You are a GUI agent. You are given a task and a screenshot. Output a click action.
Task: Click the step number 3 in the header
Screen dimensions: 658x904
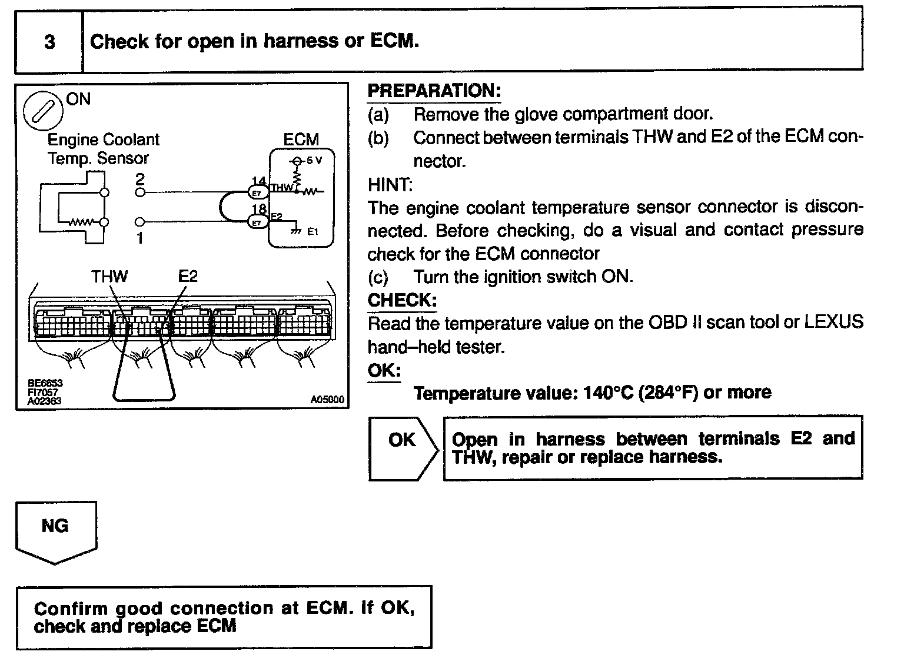49,42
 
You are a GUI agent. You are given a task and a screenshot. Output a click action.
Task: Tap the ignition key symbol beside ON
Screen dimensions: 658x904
42,111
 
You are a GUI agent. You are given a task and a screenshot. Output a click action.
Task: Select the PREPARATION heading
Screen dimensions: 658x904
434,91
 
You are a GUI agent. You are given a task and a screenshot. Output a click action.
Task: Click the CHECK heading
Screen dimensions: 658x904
402,300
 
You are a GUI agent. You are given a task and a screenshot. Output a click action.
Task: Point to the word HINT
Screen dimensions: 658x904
390,185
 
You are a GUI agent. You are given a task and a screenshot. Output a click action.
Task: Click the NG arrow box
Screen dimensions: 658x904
55,530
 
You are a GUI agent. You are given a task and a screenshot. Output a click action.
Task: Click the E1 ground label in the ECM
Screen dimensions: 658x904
313,232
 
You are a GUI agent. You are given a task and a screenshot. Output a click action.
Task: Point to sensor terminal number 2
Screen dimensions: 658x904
140,179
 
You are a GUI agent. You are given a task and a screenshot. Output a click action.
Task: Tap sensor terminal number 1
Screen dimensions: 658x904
140,239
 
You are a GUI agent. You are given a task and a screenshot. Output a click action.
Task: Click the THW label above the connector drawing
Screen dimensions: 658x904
109,276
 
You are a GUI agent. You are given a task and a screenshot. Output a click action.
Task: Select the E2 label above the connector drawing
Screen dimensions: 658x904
188,276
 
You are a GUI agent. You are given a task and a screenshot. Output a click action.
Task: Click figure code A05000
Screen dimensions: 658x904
327,400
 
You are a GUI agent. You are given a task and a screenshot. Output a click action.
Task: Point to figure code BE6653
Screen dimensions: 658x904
45,383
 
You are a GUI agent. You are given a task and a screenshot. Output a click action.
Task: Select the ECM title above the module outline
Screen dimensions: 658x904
301,139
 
